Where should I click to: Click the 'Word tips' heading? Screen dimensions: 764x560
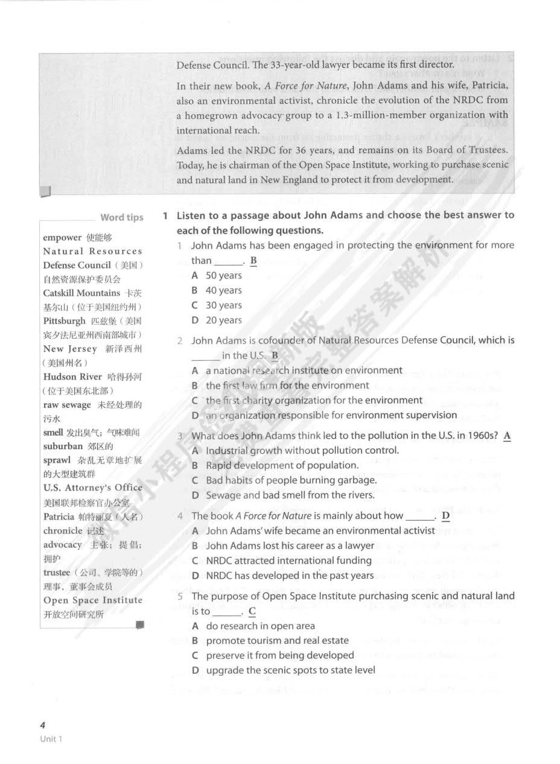tap(121, 218)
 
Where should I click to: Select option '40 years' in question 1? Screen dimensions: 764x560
tap(223, 290)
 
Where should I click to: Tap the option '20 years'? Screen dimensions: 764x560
tap(223, 320)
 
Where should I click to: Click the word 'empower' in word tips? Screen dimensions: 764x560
tap(62, 238)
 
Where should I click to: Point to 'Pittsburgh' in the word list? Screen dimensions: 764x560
tap(65, 321)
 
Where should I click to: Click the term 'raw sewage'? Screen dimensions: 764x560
tap(67, 405)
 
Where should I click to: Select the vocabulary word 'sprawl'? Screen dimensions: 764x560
tap(57, 460)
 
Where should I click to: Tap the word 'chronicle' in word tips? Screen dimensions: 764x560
tap(63, 531)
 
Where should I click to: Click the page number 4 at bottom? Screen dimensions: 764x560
tap(42, 725)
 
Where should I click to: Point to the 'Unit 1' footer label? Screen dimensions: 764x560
tap(51, 739)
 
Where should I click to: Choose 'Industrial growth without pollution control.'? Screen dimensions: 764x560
tap(302, 450)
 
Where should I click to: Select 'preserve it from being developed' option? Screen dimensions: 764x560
tap(280, 655)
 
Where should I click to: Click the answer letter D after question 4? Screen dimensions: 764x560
tap(446, 516)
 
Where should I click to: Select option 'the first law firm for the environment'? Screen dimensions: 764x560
tap(287, 385)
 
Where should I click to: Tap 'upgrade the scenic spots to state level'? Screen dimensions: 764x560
tap(290, 670)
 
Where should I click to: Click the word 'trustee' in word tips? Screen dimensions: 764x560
tap(57, 573)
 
